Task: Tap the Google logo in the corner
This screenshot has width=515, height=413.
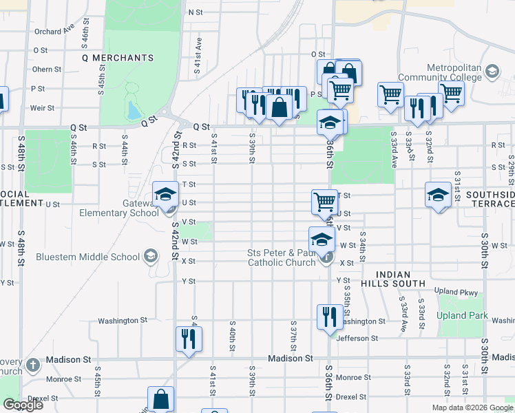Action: click(x=23, y=404)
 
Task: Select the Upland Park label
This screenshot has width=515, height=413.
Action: click(x=462, y=316)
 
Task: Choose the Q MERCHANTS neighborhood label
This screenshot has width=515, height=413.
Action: click(x=117, y=58)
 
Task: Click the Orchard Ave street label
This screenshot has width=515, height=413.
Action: click(x=54, y=31)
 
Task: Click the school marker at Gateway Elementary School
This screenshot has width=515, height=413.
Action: click(x=165, y=195)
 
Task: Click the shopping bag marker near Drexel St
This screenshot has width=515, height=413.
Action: click(x=160, y=399)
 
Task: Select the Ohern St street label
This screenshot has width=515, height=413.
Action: click(x=47, y=69)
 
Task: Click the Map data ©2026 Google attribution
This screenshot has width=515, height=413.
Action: click(x=472, y=407)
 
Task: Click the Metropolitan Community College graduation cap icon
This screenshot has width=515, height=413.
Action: click(x=492, y=71)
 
